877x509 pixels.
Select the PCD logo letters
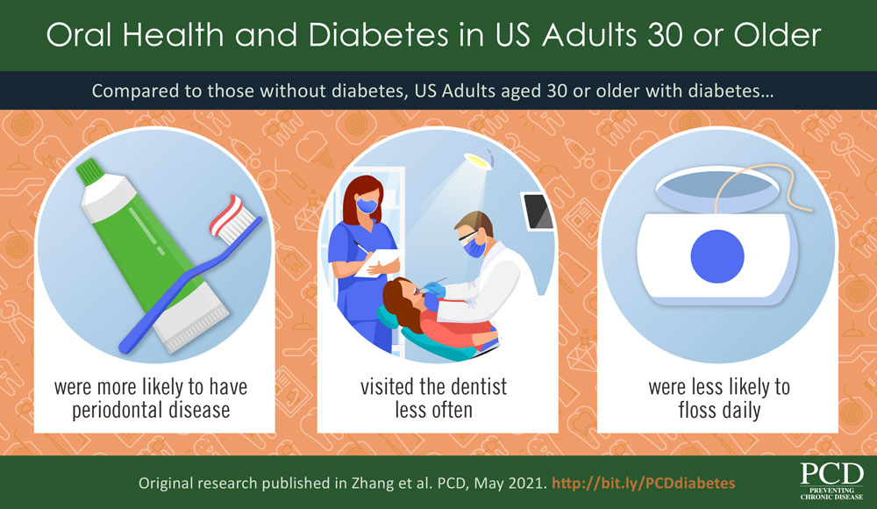pos(831,475)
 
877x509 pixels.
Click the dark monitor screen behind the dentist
pos(534,209)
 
